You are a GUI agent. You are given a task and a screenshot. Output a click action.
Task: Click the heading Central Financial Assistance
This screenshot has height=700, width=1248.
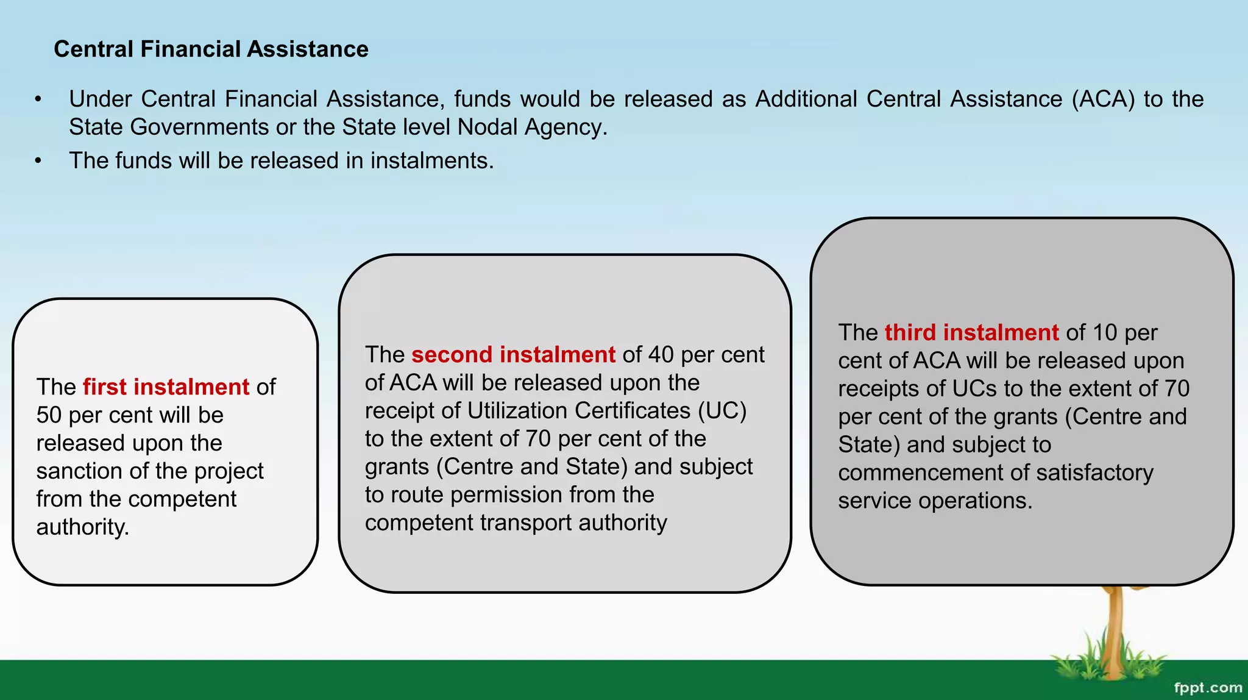(211, 49)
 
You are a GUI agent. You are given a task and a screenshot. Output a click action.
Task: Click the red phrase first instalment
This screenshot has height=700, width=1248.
(166, 387)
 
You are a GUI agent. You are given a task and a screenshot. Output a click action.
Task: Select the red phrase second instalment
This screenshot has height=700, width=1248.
(513, 354)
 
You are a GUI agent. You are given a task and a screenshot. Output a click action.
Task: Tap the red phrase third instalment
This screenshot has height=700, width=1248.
(971, 332)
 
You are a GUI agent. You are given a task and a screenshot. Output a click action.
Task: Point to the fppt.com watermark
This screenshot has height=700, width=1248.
(1207, 688)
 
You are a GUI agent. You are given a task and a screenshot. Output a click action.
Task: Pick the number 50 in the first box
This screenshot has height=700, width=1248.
(49, 415)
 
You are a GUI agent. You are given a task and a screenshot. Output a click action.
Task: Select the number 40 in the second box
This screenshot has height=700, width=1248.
(661, 354)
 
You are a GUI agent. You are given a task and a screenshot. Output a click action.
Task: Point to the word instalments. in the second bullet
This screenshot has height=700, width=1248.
(432, 160)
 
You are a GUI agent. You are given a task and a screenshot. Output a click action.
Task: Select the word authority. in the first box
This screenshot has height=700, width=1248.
(83, 527)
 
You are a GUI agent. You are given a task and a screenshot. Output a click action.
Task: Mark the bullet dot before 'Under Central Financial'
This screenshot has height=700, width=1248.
(38, 99)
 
